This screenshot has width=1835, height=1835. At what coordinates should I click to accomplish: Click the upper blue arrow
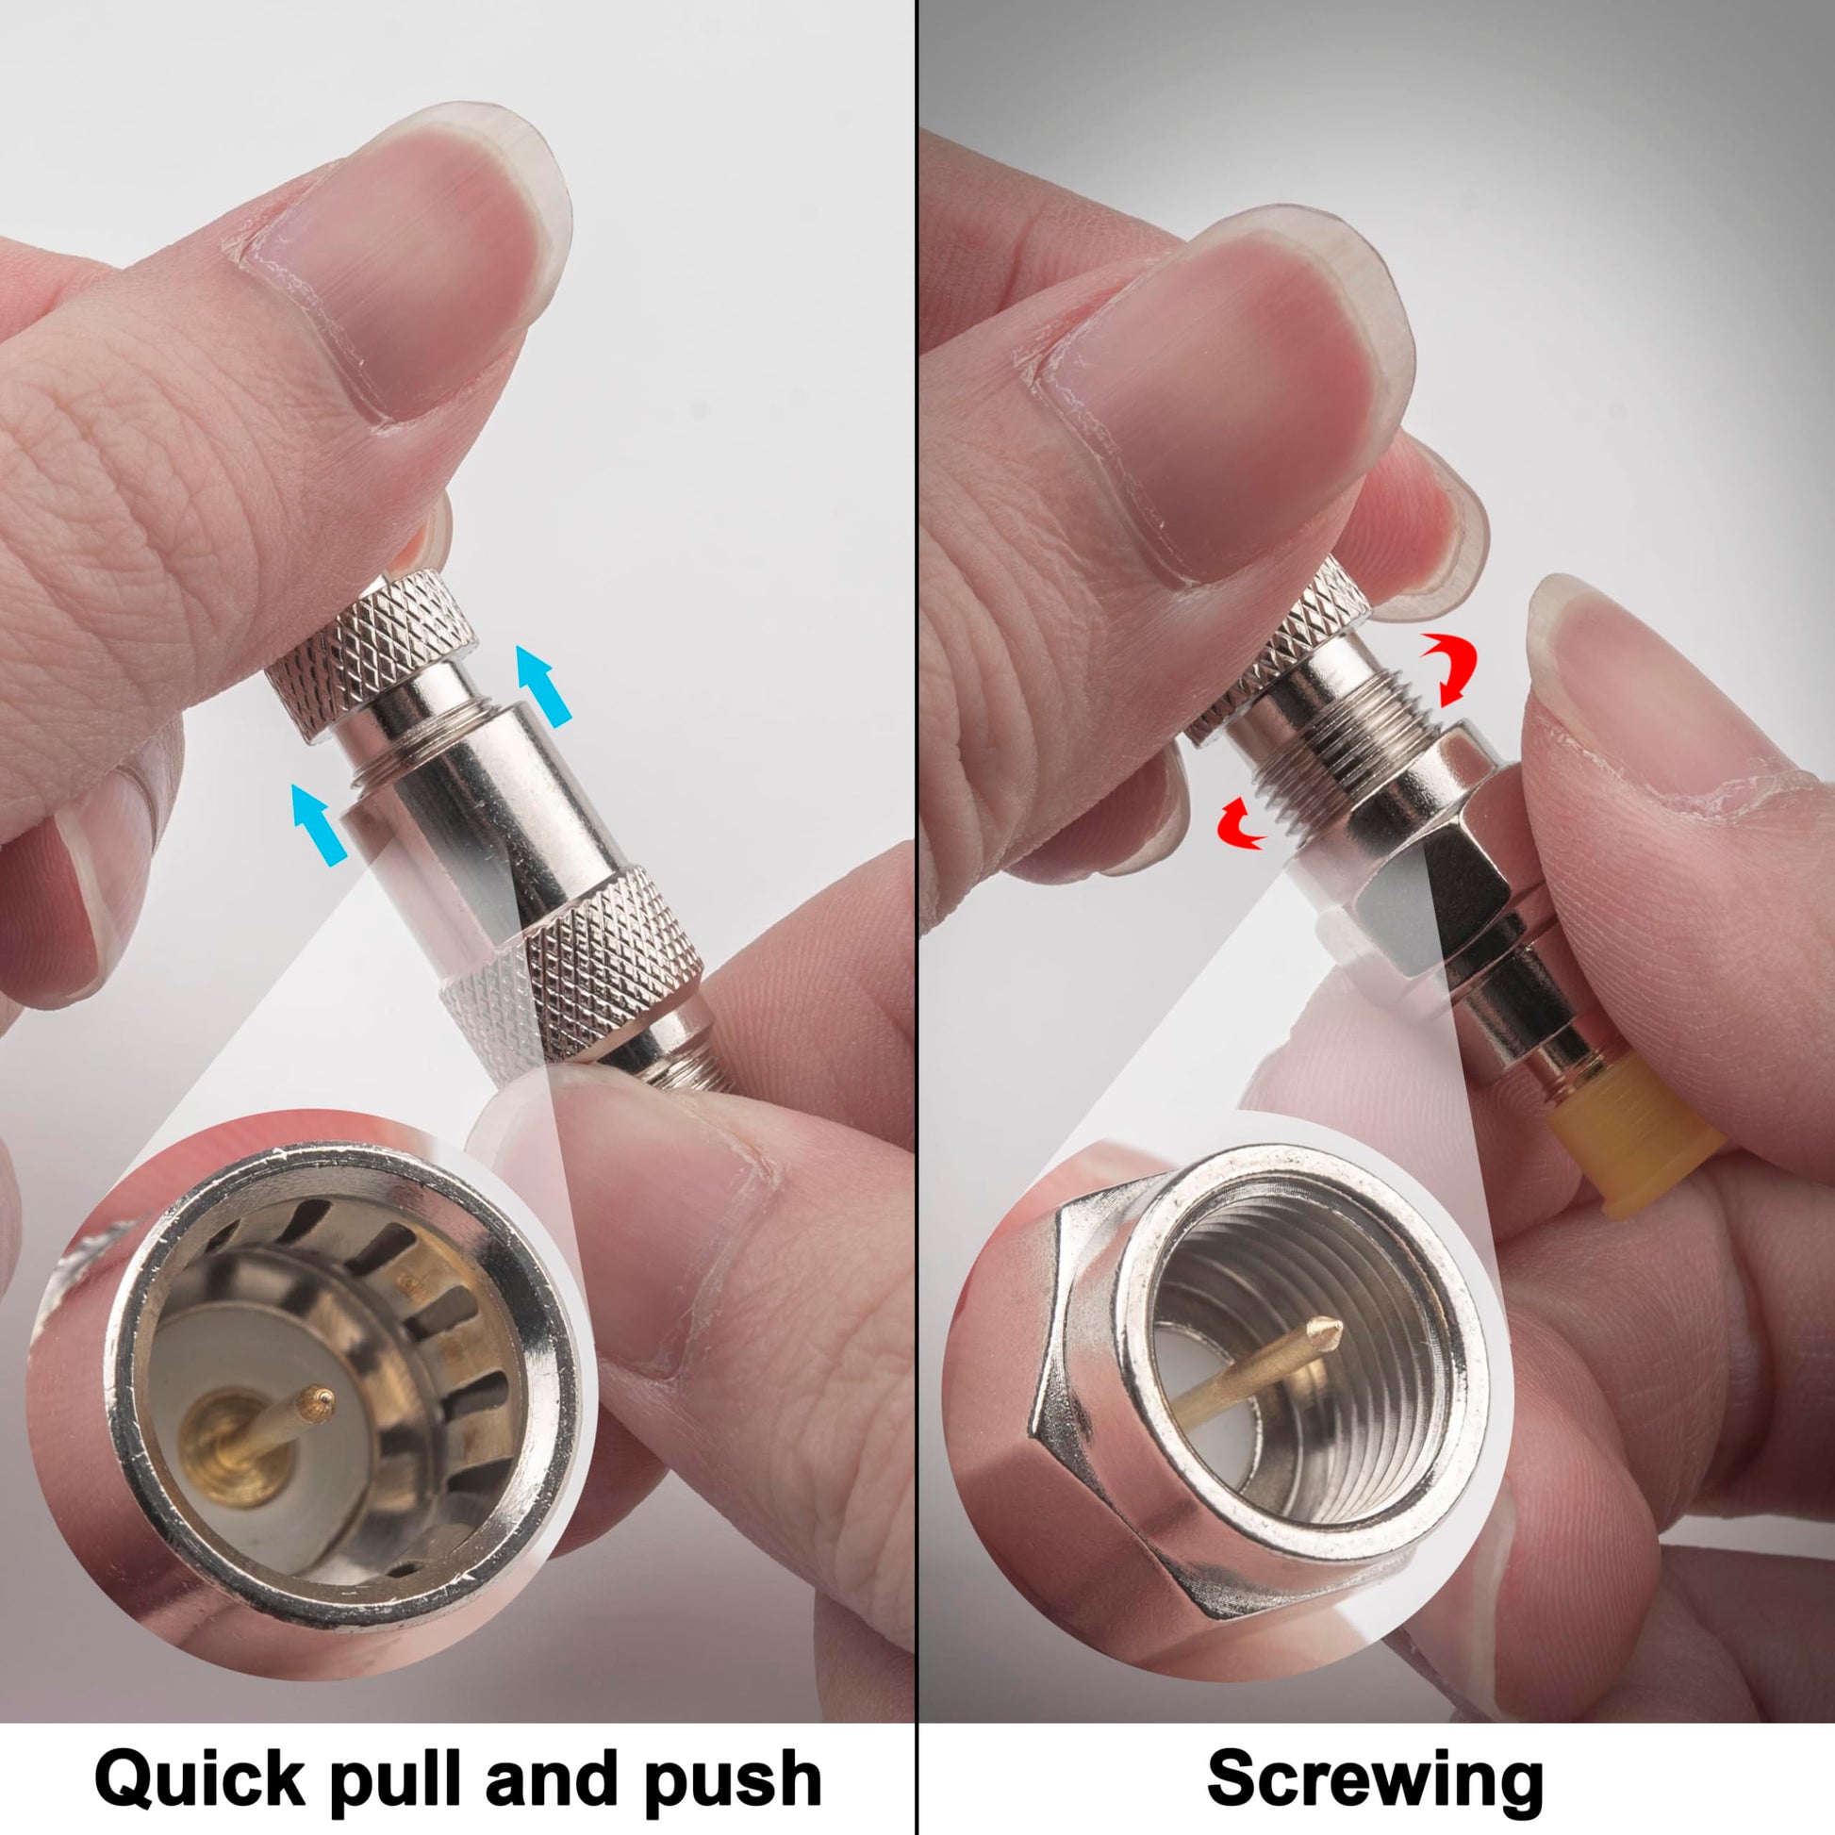coord(543,685)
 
